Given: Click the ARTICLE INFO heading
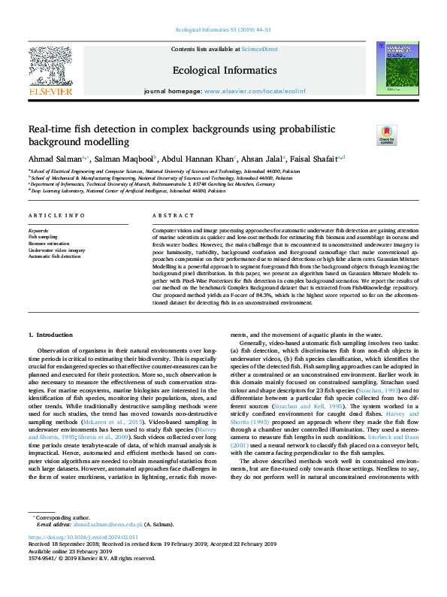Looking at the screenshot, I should [x=56, y=216].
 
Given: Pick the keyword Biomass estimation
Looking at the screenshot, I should [x=47, y=244].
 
